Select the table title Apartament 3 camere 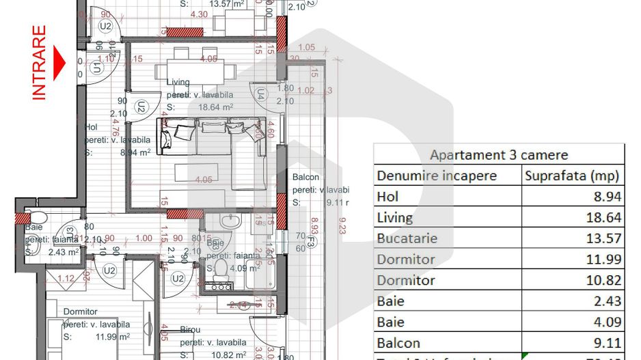[498, 154]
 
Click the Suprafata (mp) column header [572, 176]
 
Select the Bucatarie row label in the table [407, 238]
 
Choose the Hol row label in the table [387, 197]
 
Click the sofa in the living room [213, 137]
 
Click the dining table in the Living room [191, 69]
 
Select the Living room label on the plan [178, 83]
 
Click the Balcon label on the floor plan [306, 177]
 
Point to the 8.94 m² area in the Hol [135, 153]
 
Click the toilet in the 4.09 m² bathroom [221, 269]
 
